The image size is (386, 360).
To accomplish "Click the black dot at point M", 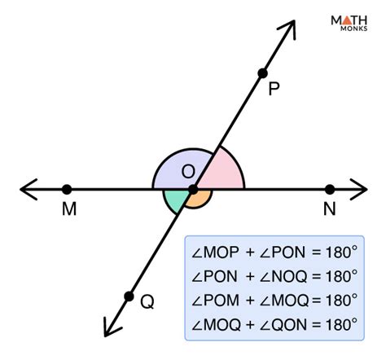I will pos(66,189).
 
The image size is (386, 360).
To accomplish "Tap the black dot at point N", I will pos(330,189).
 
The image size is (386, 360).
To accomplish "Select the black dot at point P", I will pos(262,73).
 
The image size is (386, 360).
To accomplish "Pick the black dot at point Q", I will pos(128,296).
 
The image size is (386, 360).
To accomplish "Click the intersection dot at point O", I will pos(193,190).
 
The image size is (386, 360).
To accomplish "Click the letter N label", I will pos(329,209).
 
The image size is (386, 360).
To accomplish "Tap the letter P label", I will pos(274,89).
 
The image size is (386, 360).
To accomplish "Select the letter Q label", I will pos(147,302).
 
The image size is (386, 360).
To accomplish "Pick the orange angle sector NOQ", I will pos(200,200).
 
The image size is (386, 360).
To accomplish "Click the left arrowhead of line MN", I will pos(26,189).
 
